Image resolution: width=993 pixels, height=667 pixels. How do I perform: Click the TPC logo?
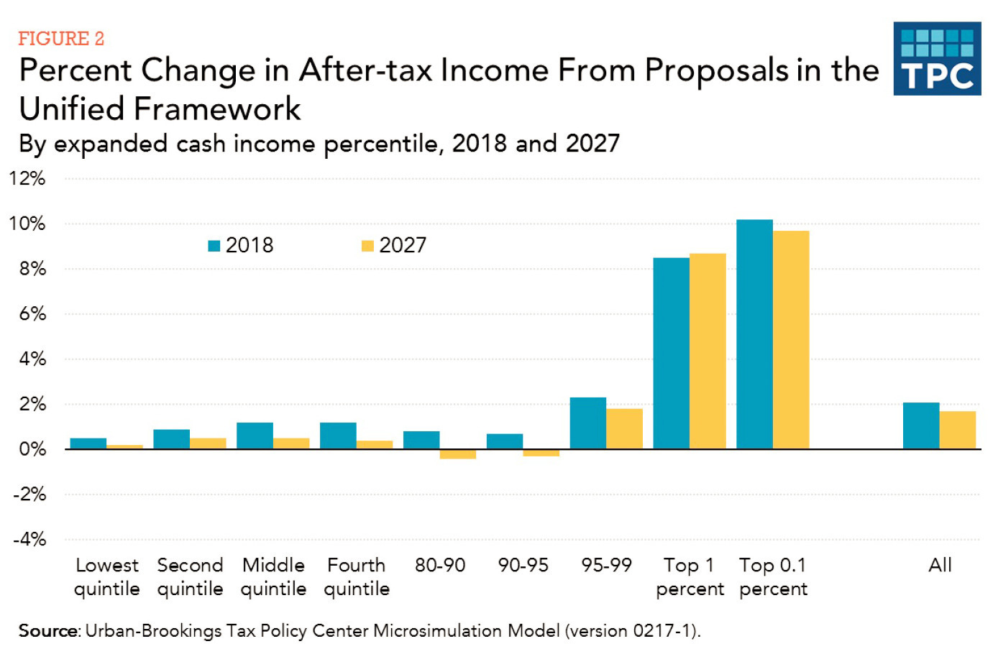937,58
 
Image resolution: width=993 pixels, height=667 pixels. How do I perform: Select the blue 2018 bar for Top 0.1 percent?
754,334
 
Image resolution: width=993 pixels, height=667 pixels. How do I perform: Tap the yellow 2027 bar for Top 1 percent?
708,351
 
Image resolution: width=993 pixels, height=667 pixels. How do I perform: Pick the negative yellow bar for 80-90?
457,454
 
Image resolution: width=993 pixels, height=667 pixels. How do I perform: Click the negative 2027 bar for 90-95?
541,453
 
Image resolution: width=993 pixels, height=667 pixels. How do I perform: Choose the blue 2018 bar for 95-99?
588,423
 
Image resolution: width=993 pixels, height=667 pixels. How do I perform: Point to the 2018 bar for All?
921,425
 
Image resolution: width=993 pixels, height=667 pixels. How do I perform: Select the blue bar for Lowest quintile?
88,443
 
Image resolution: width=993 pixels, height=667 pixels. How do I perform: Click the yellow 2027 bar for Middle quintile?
291,443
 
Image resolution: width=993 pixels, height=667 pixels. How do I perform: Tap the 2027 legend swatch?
367,246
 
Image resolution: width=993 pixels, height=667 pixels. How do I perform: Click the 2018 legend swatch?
214,246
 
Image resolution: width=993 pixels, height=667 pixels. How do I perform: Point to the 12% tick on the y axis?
27,178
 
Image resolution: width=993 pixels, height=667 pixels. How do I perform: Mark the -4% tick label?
30,540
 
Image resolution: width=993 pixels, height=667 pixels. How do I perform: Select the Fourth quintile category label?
357,577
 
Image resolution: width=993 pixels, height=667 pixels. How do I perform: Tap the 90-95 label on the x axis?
523,565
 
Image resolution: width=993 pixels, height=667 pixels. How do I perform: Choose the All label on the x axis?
940,565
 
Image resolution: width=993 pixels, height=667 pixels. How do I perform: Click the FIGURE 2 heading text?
61,39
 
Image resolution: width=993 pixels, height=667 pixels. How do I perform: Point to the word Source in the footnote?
48,630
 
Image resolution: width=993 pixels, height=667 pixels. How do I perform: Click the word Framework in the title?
217,109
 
